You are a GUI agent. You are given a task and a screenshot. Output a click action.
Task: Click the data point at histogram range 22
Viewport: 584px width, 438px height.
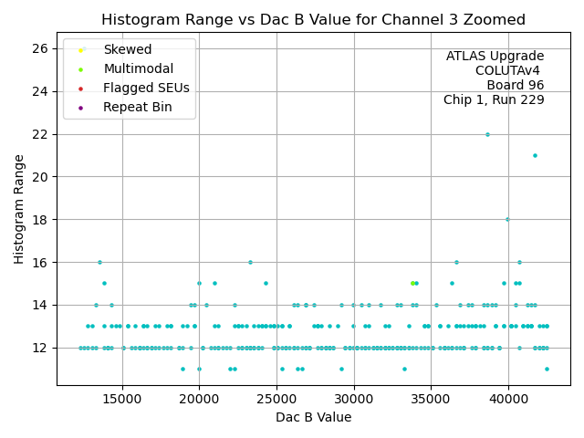[x=487, y=134]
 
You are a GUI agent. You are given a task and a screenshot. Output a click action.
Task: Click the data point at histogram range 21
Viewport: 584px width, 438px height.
[x=535, y=155]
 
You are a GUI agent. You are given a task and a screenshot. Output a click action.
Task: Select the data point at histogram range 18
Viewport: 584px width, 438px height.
[x=507, y=219]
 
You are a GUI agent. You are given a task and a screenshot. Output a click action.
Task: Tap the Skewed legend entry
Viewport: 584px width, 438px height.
[x=128, y=49]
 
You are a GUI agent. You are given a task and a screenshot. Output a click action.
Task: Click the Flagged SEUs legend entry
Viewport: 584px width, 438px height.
[x=146, y=88]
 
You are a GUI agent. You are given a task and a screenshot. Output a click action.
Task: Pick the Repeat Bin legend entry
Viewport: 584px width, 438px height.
[x=136, y=107]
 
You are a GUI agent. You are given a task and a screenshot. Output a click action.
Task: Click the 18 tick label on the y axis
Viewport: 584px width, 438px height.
[x=44, y=219]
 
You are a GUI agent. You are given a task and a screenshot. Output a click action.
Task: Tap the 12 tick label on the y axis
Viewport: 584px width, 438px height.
[x=44, y=348]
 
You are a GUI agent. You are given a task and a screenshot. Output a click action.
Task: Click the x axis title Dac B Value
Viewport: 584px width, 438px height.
[x=313, y=417]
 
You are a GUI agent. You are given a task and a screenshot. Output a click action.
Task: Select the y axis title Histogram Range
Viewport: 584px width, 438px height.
[x=19, y=209]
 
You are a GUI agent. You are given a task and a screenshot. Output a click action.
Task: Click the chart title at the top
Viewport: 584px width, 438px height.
[x=313, y=19]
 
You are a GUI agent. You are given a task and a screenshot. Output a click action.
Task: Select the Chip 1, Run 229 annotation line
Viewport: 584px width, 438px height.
[x=494, y=99]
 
